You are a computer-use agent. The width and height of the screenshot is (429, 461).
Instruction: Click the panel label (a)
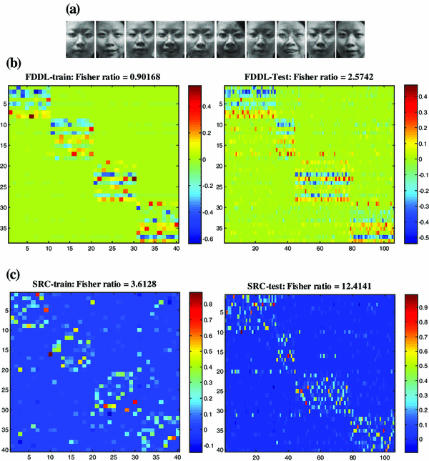point(72,9)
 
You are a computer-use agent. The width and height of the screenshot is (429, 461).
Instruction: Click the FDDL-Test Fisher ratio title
point(308,75)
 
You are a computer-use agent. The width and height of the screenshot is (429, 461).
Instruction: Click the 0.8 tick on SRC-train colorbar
point(213,303)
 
